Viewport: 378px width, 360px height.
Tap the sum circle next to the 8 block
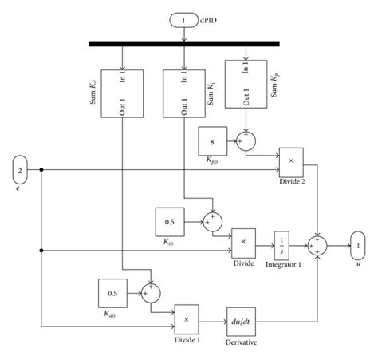tap(248, 141)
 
